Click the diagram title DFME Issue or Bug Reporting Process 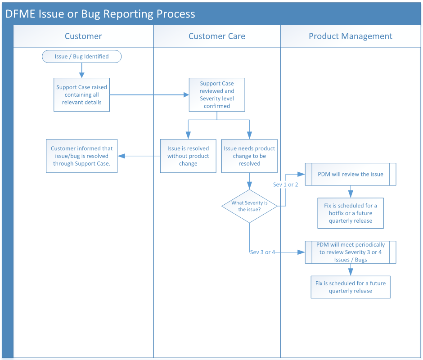[100, 13]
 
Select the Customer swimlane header [83, 36]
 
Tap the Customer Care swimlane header [216, 36]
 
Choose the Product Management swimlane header [350, 36]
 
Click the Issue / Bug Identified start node [81, 57]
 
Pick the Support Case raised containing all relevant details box [81, 95]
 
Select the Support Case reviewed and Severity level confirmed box [216, 95]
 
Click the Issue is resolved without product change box [188, 156]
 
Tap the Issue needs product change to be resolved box [249, 156]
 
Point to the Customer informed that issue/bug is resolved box [81, 156]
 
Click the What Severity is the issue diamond [249, 206]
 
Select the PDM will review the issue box [351, 174]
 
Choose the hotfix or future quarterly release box [351, 213]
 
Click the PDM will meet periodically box [351, 252]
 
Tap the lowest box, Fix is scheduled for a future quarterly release [351, 287]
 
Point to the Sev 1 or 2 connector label [285, 184]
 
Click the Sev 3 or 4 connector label [262, 252]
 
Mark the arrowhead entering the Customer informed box [121, 156]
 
